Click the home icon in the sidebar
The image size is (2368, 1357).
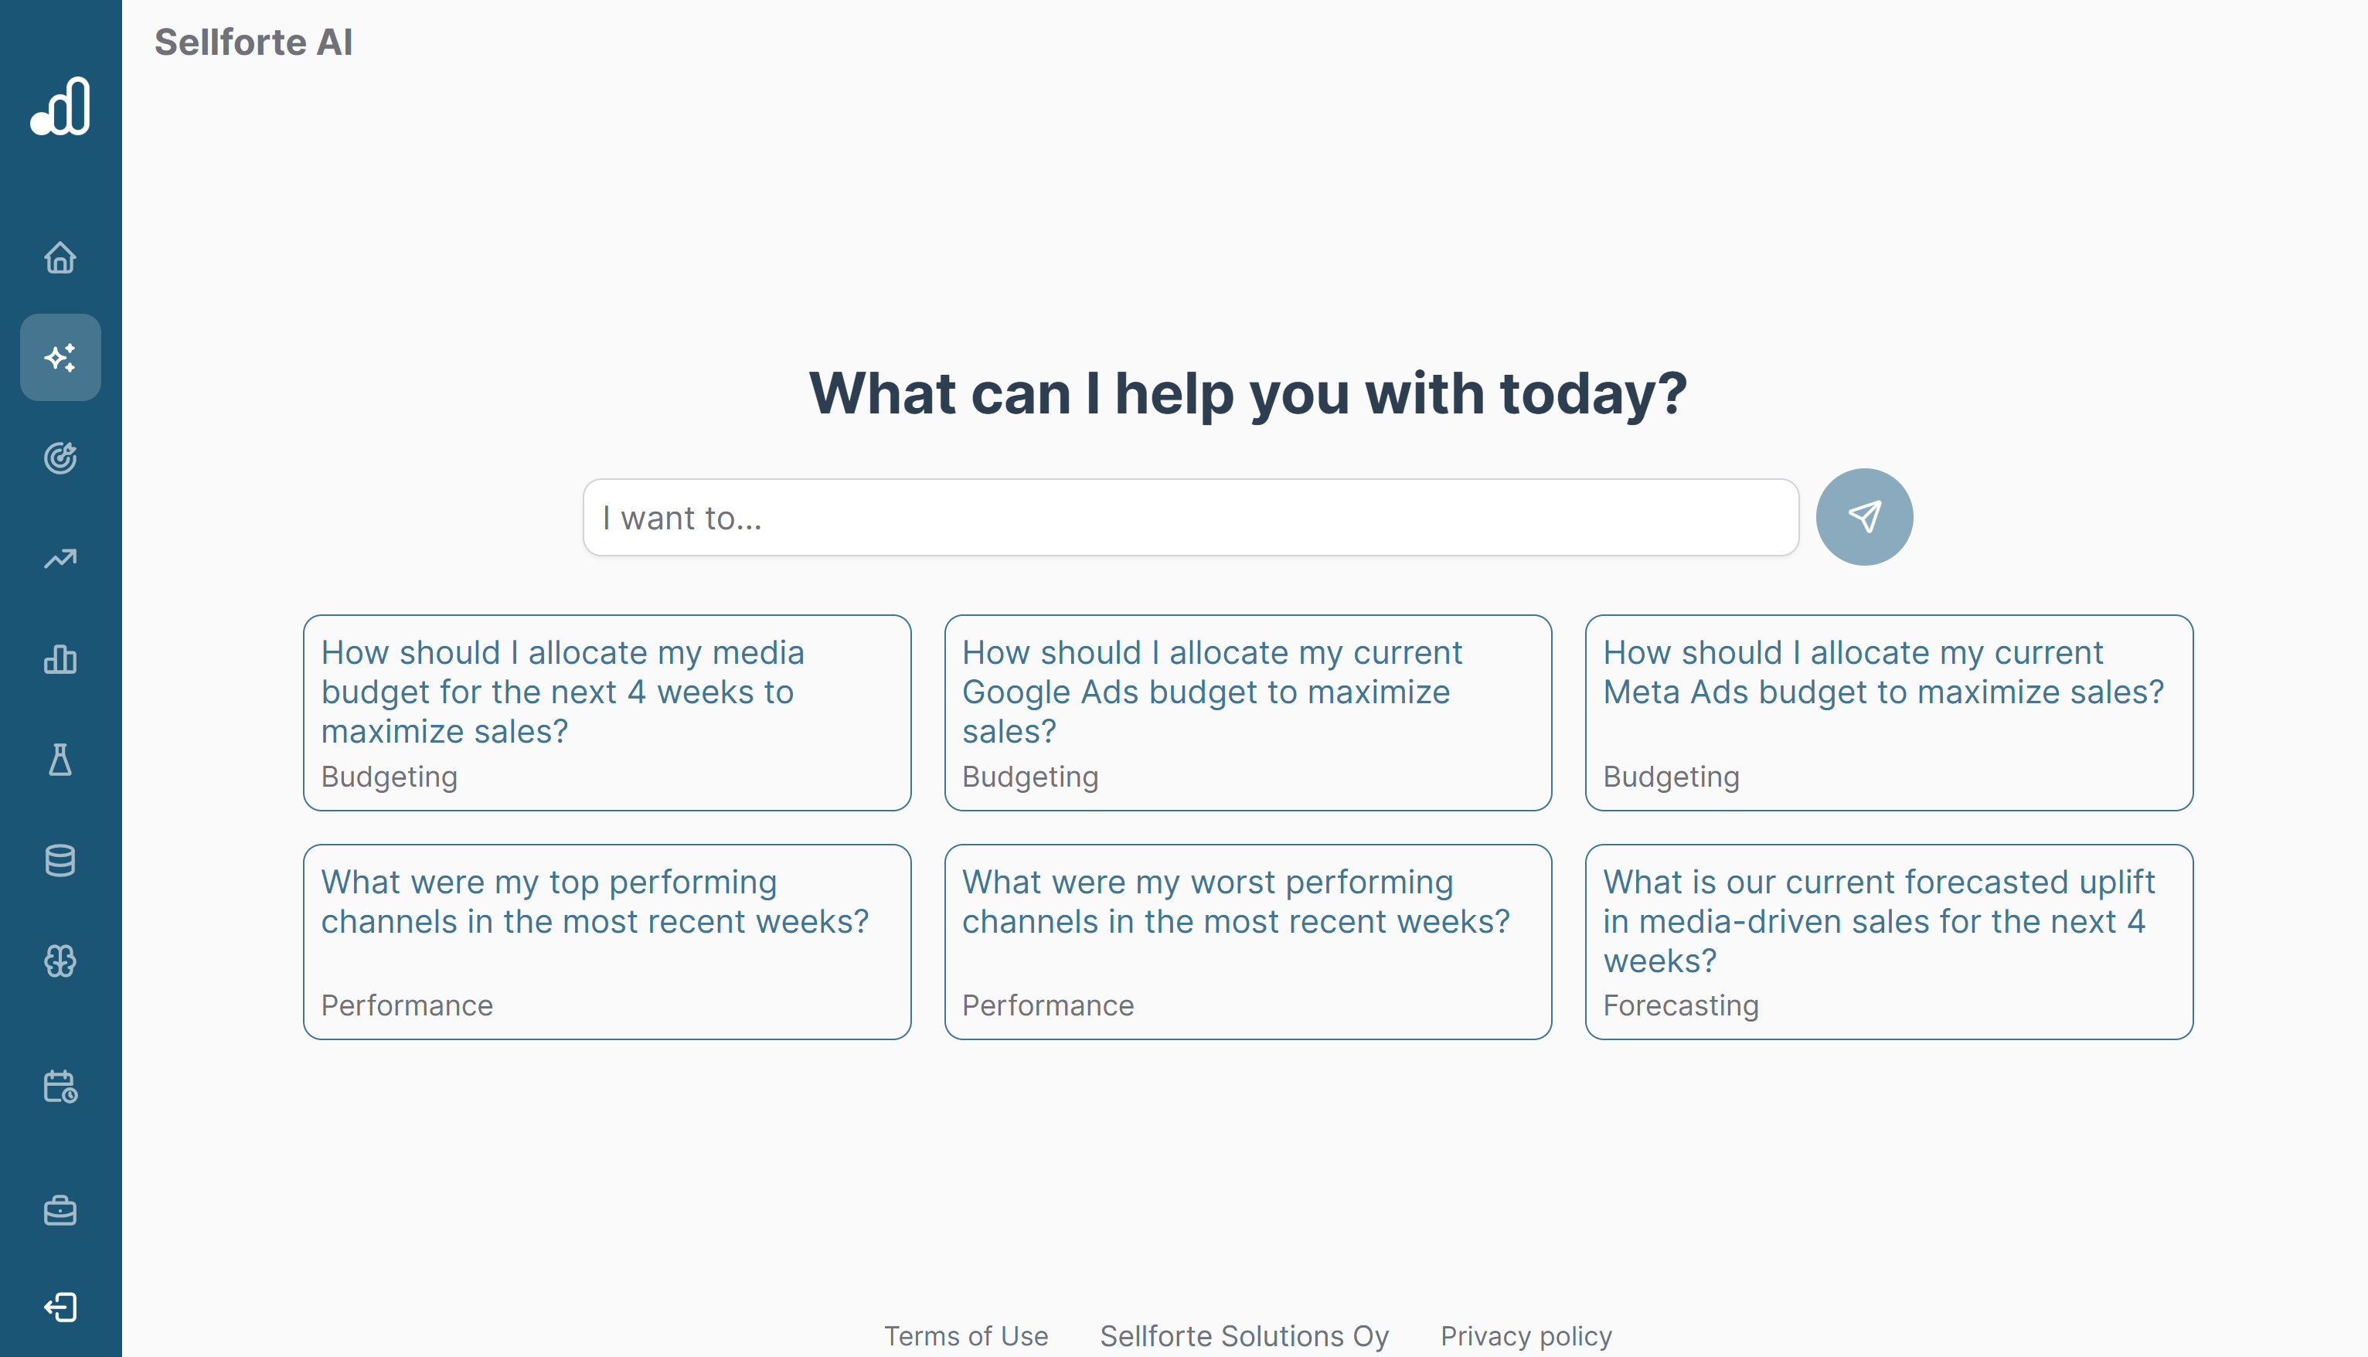(x=60, y=257)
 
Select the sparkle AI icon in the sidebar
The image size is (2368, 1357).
(x=60, y=358)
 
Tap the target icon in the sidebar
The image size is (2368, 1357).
(x=60, y=457)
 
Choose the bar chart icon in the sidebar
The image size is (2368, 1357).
(x=60, y=659)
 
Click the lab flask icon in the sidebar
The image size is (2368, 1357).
(x=60, y=760)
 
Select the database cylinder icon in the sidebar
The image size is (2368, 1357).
(x=60, y=860)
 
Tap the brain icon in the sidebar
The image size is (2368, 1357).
(x=60, y=961)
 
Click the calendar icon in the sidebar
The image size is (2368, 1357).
(x=60, y=1087)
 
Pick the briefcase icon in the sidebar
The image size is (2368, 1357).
(x=60, y=1211)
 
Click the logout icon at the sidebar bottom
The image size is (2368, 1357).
(x=60, y=1307)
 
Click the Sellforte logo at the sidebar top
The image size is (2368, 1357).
(x=60, y=106)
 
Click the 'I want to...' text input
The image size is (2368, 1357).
(x=1190, y=519)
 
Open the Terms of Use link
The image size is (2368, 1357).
(x=965, y=1335)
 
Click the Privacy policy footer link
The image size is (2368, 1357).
(x=1526, y=1335)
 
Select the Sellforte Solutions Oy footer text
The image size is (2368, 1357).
(x=1244, y=1335)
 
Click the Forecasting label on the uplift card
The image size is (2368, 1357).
(x=1680, y=1005)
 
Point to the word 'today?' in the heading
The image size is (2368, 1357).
(x=1593, y=393)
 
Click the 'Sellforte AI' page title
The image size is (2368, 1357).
(x=253, y=43)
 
